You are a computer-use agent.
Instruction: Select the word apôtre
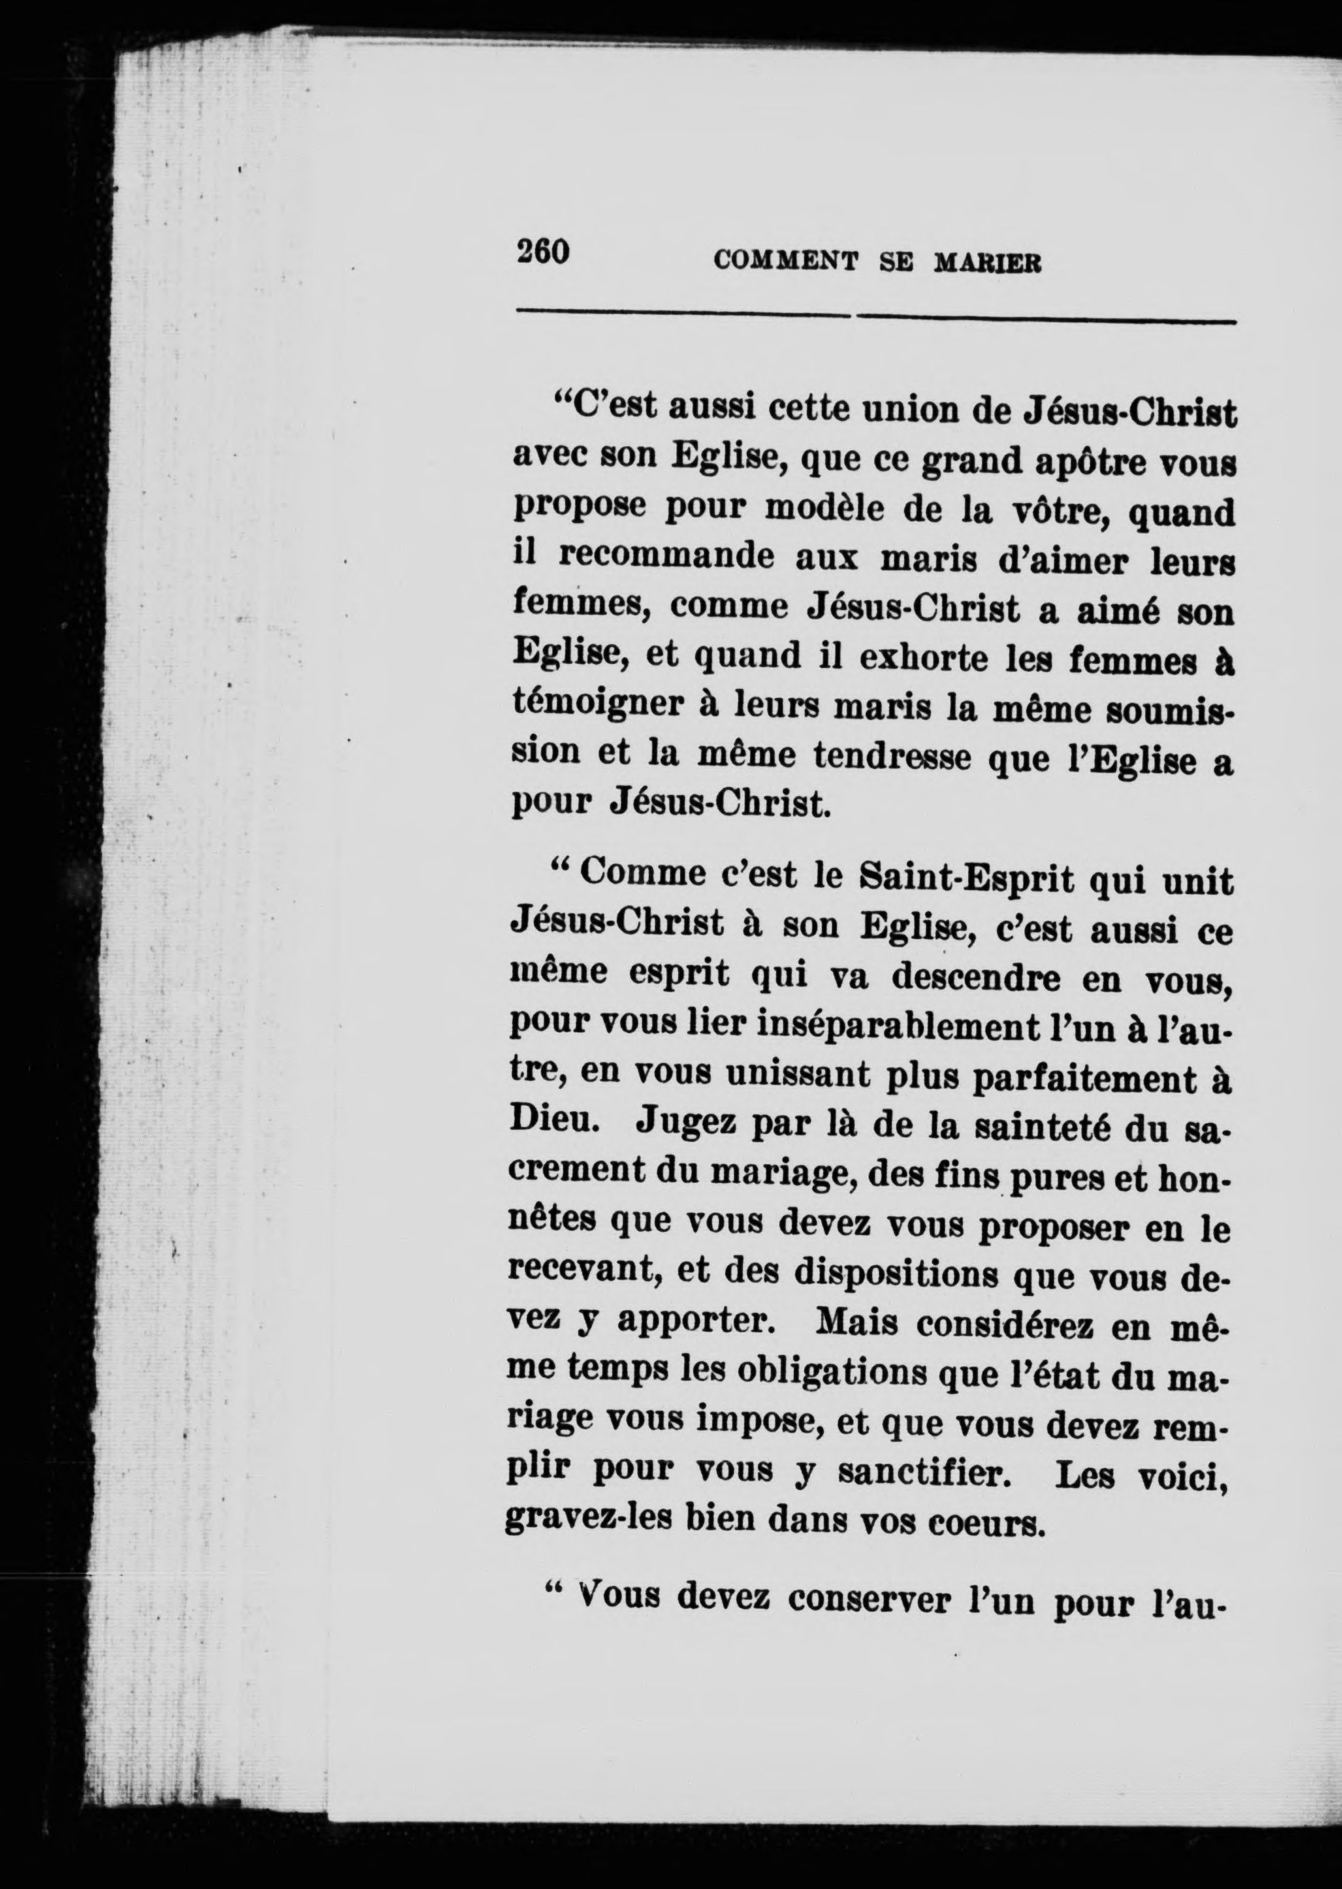1088,464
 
